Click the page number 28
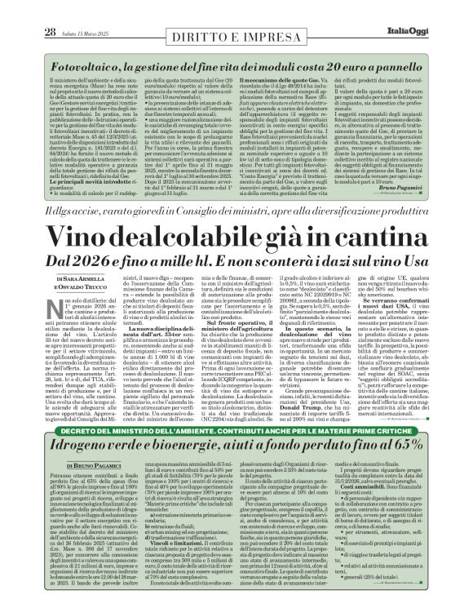[x=27, y=9]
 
